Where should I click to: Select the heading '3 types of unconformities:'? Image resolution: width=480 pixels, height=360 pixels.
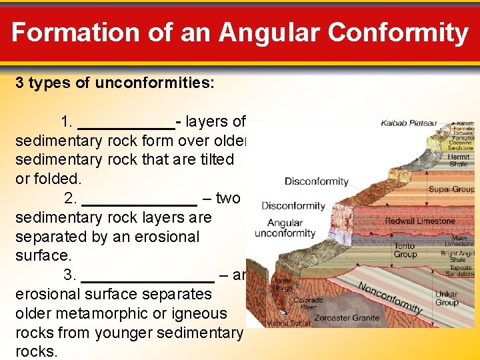coord(115,83)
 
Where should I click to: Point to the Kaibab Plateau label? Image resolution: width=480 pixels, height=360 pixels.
coord(409,123)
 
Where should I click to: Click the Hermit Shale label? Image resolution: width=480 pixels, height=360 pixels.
coord(459,161)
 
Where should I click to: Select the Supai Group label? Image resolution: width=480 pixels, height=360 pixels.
coord(451,189)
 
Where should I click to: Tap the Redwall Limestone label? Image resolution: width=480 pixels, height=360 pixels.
coord(420,221)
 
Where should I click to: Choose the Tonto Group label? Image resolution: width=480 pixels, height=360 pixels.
coord(405,250)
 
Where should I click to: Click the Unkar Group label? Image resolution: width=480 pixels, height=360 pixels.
coord(446,298)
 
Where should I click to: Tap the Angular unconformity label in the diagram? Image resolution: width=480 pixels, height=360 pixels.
coord(285,229)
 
